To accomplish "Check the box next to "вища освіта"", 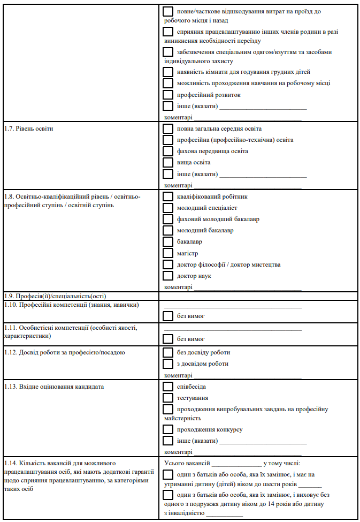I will [168, 162].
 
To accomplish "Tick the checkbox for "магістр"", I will [168, 253].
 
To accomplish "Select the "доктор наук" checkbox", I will [168, 276].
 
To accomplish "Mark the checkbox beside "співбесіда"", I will [168, 386].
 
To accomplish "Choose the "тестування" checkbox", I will [168, 398].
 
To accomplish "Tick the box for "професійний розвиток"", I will [168, 95].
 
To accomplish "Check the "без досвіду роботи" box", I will [168, 352].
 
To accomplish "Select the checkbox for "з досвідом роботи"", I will [168, 364].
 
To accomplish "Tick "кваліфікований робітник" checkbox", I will [168, 196].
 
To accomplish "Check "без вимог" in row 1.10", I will [168, 316].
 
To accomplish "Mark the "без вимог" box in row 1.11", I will [168, 338].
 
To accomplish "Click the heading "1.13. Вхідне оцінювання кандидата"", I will [53, 387].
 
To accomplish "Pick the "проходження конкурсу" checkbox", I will [168, 429].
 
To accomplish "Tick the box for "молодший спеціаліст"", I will [168, 208].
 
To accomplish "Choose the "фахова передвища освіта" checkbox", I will [168, 151].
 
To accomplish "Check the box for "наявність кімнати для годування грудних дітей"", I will [168, 72].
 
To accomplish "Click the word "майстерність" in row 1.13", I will [183, 418].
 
